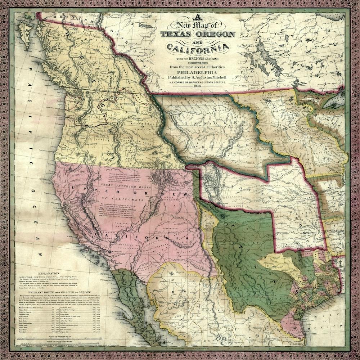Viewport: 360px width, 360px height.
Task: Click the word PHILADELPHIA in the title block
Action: click(197, 72)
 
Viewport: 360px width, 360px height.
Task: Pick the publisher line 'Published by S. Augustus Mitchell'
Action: click(197, 77)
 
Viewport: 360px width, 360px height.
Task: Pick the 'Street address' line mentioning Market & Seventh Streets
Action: click(197, 82)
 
